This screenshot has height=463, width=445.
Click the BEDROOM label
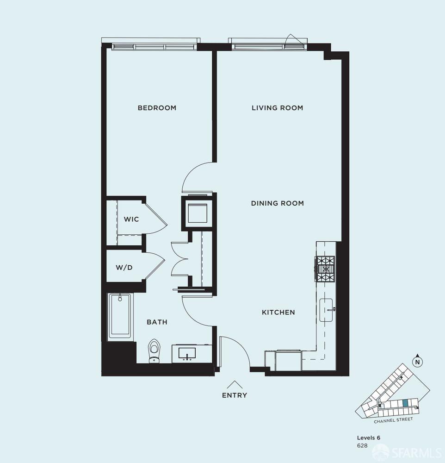click(x=157, y=108)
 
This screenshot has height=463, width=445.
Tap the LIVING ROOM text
click(x=277, y=108)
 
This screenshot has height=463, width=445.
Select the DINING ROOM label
click(x=277, y=203)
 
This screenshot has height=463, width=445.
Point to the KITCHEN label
click(x=278, y=313)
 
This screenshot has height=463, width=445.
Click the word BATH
click(x=157, y=322)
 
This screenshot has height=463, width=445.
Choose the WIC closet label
click(x=131, y=219)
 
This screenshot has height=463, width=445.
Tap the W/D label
click(x=124, y=267)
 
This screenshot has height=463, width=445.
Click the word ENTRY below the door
click(x=235, y=395)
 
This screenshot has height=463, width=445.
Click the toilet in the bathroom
click(x=154, y=350)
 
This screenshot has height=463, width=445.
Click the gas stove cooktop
click(x=326, y=269)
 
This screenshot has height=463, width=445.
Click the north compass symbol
click(x=417, y=361)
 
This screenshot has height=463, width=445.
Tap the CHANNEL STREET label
click(x=393, y=420)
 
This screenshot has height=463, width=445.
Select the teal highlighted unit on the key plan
click(x=405, y=403)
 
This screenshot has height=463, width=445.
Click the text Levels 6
click(x=368, y=438)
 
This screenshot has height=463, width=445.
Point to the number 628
click(x=362, y=445)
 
